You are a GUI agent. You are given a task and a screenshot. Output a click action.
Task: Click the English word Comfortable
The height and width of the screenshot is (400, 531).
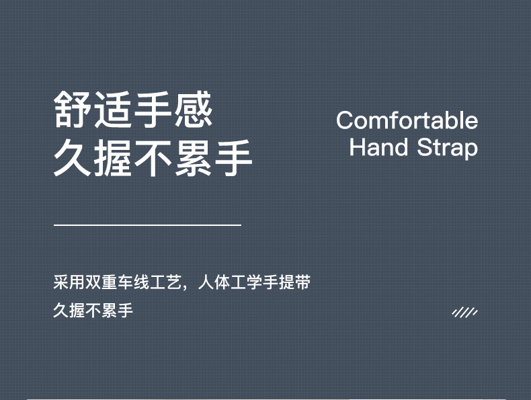[407, 120]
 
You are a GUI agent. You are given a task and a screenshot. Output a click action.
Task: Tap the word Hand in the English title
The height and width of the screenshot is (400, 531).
[378, 147]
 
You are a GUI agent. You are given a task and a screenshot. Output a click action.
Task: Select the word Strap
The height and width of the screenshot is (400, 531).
[448, 148]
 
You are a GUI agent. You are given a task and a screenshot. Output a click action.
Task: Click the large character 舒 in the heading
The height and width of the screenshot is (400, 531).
[73, 110]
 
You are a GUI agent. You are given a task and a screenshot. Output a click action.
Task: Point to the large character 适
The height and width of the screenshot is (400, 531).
[113, 110]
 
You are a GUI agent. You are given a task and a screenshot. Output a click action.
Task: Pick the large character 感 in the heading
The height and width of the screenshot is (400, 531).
[194, 110]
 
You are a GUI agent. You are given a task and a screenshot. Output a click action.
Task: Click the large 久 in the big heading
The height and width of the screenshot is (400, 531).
[73, 158]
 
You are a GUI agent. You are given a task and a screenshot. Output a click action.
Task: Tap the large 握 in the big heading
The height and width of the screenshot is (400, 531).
[113, 158]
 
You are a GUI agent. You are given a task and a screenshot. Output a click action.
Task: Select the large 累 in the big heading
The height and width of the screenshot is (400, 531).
[194, 158]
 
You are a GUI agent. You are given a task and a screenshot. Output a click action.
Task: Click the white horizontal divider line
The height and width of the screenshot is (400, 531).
[147, 225]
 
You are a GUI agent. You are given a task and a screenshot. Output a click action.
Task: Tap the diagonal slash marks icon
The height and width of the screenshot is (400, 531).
[465, 313]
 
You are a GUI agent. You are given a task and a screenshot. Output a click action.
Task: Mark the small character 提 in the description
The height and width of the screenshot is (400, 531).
[286, 282]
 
